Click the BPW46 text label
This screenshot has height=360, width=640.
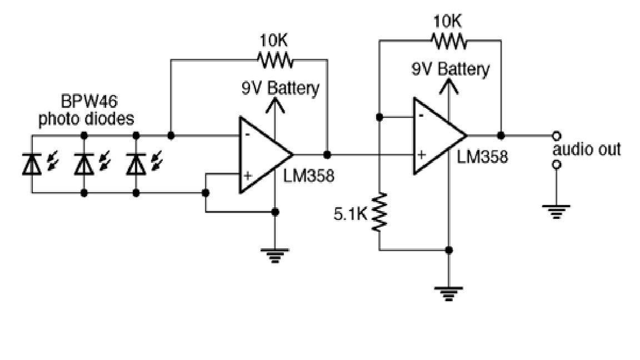coord(85,103)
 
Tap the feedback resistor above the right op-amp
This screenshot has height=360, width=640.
coord(448,41)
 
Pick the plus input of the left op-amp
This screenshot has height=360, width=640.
coord(248,176)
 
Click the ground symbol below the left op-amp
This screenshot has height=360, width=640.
coord(275,256)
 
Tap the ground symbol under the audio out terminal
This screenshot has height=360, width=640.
coord(556,211)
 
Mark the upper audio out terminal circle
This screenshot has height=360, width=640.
coord(556,136)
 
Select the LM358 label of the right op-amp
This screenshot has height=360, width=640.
coord(482,157)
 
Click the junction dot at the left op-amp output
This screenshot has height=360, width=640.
coord(327,154)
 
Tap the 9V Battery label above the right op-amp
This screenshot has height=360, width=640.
coord(451,69)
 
